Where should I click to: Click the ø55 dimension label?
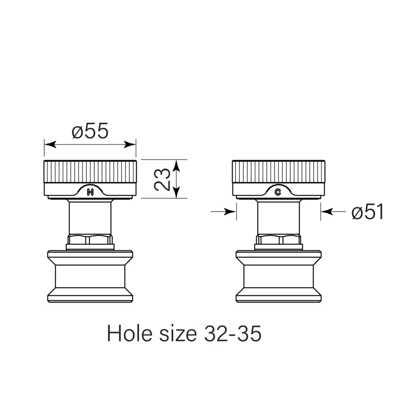90,131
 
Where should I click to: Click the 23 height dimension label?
162,179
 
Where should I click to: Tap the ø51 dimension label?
368,212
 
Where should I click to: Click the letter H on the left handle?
90,192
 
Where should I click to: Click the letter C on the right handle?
278,192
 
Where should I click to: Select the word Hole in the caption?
130,333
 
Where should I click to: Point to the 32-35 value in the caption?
233,334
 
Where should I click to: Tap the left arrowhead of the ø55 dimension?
50,145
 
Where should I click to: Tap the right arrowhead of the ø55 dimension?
130,145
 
